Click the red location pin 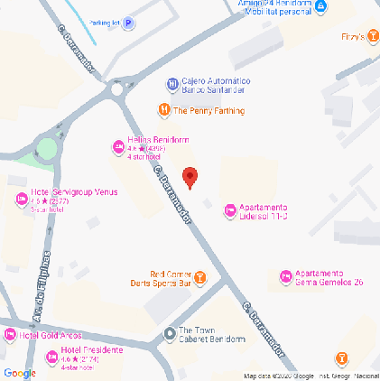coord(190,178)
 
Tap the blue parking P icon coord(128,23)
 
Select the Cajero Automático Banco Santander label coord(216,85)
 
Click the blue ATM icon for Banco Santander coord(171,85)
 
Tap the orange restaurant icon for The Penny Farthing coord(163,111)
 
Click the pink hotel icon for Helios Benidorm coord(117,145)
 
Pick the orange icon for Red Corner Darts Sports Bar coord(200,277)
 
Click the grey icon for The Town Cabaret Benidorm coord(169,335)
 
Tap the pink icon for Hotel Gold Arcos coord(10,336)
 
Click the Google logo coord(19,373)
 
